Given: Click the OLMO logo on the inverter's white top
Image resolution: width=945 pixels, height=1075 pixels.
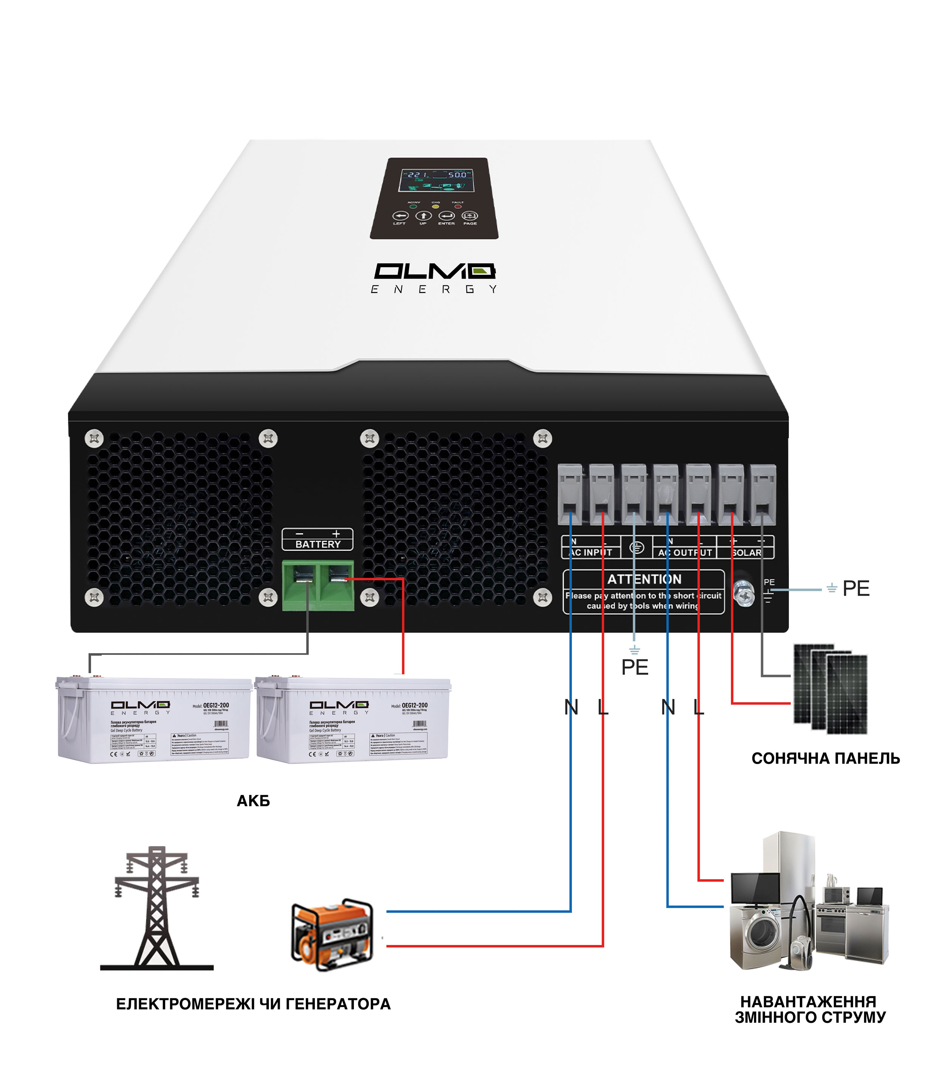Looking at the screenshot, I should click(434, 272).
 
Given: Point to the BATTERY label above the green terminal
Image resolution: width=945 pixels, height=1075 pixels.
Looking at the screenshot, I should click(318, 544).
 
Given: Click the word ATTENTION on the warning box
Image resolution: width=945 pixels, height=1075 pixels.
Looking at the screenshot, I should click(644, 579).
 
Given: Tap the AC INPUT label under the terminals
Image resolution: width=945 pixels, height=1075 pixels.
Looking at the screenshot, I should click(590, 552).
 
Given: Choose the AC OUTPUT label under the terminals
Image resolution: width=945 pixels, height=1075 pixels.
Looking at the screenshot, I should click(684, 552).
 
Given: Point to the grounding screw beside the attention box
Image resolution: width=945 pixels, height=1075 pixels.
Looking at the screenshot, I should click(744, 594).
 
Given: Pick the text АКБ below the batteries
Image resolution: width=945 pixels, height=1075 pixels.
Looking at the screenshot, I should click(253, 801).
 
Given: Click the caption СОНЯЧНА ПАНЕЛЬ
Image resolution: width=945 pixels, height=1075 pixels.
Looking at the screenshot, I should click(825, 758).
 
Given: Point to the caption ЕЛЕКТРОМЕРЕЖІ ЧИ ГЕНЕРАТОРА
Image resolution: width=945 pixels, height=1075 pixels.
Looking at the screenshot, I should click(253, 1004).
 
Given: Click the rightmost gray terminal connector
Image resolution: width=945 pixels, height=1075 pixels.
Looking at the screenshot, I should click(762, 494).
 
